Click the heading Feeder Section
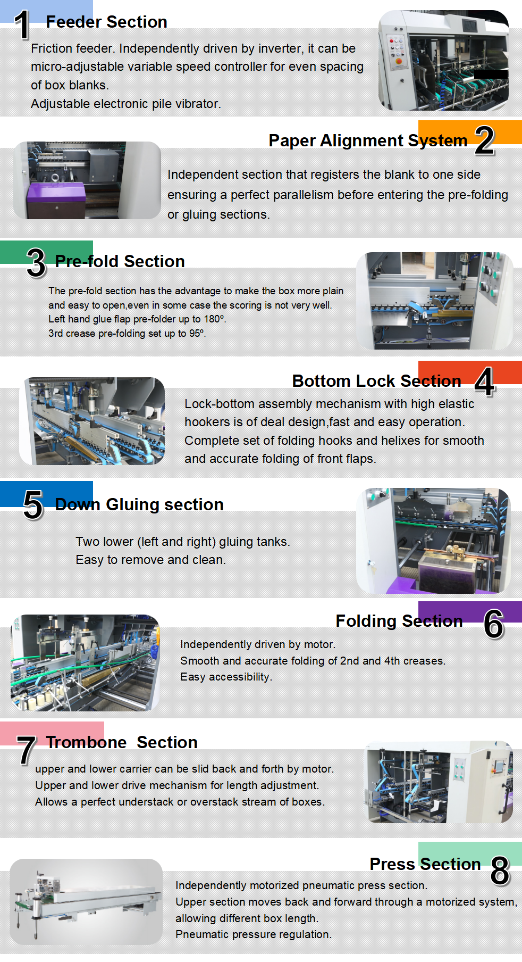[x=106, y=22]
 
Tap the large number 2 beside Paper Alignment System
[x=485, y=140]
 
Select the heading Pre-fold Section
[x=120, y=261]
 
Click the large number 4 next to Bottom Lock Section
[x=485, y=382]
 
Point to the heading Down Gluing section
[x=139, y=504]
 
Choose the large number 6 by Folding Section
[x=494, y=624]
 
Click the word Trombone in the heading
[x=86, y=742]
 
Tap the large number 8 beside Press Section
[x=500, y=871]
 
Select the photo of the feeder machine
[x=443, y=60]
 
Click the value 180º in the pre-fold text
[x=215, y=319]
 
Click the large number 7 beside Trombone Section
[x=26, y=750]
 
